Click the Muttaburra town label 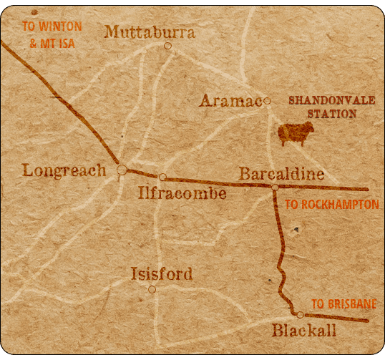point(150,32)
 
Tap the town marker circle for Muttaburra point(167,46)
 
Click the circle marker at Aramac point(267,101)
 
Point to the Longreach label point(64,170)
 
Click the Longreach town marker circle point(122,170)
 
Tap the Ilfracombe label point(181,193)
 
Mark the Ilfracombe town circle point(162,177)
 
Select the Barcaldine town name point(281,174)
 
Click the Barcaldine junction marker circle point(275,188)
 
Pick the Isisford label point(162,274)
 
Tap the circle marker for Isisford point(152,289)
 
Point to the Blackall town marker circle point(301,315)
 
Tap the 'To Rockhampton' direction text point(331,205)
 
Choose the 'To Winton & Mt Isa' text point(52,34)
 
